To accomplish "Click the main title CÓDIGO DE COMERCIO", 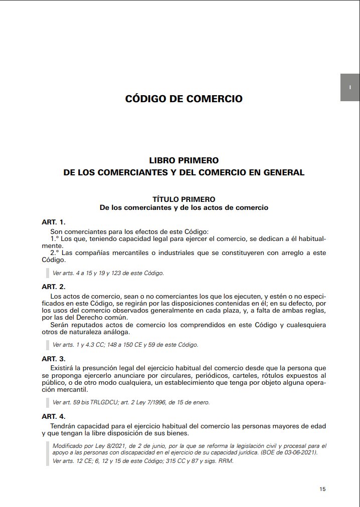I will [x=184, y=99].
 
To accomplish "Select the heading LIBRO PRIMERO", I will [x=184, y=161].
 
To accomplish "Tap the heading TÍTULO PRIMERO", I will [x=184, y=199].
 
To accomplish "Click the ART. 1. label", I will [x=54, y=221].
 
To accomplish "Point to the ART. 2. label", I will [x=54, y=287].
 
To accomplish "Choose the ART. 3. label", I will [x=54, y=359].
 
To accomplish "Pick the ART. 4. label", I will [x=54, y=416].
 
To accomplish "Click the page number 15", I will [x=322, y=489].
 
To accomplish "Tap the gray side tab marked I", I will [x=350, y=88].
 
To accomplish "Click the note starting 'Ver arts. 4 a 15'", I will [x=108, y=273].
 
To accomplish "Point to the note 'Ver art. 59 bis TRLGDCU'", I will [x=131, y=402].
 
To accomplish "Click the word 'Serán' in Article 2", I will [x=60, y=325].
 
